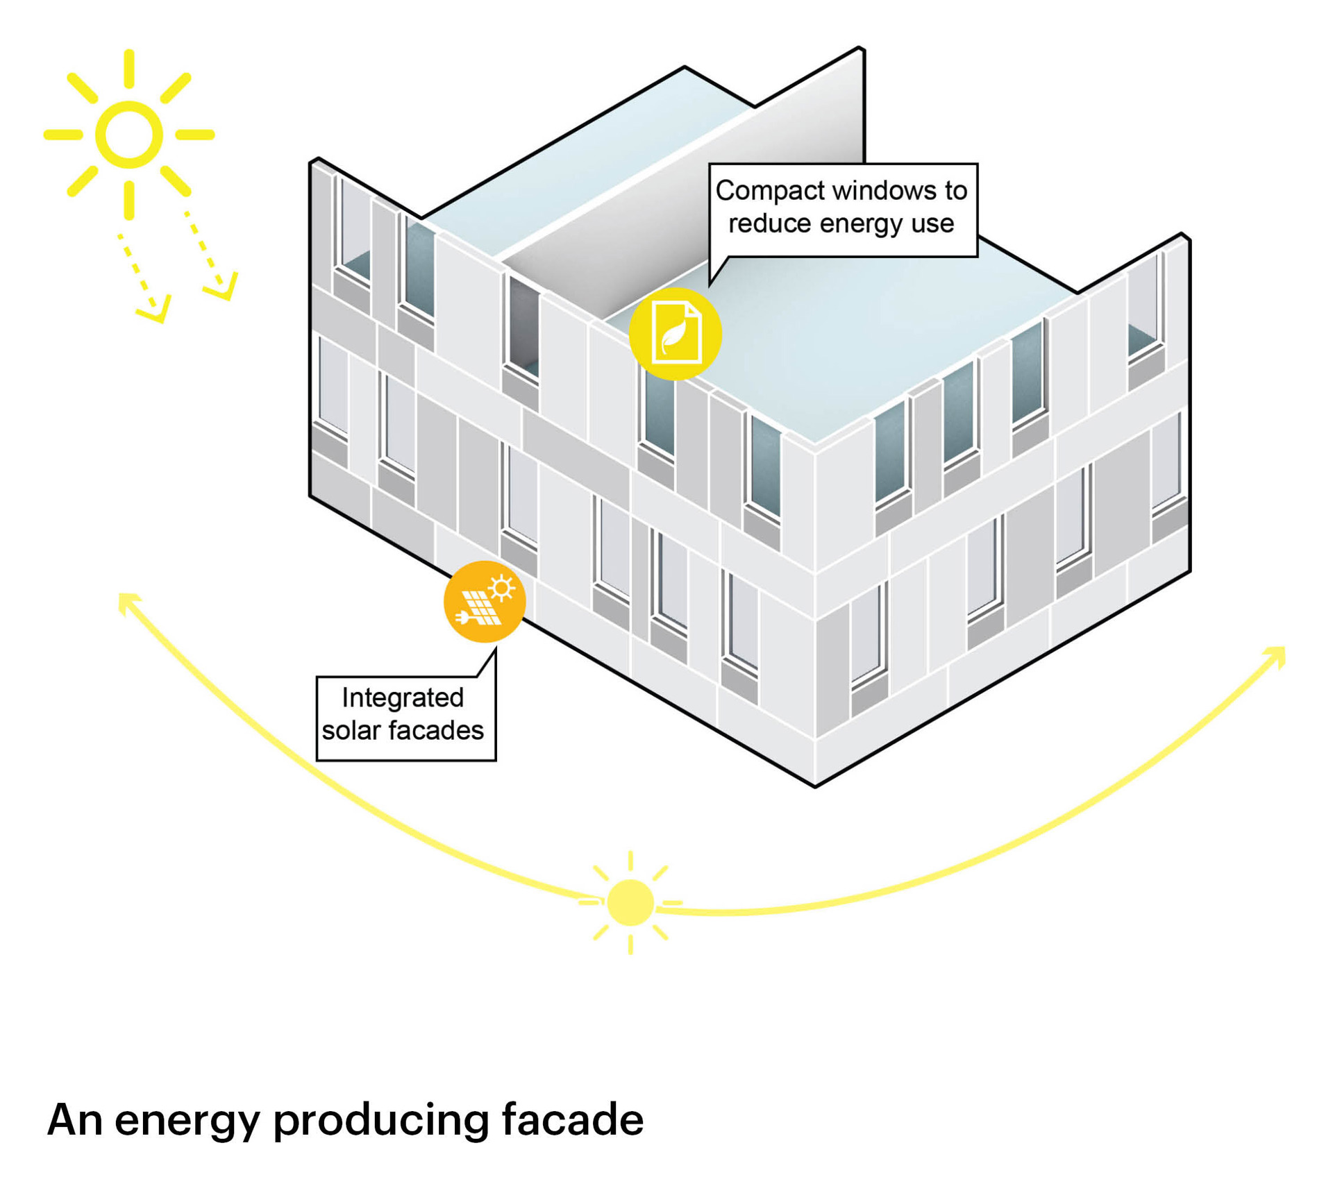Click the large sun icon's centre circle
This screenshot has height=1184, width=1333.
click(x=129, y=134)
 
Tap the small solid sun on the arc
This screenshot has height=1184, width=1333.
click(x=630, y=902)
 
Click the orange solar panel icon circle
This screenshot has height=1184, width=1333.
click(x=484, y=601)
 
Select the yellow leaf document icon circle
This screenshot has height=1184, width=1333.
click(x=675, y=334)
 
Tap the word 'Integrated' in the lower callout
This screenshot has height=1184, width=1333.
click(x=403, y=697)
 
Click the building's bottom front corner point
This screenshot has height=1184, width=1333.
click(x=814, y=786)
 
